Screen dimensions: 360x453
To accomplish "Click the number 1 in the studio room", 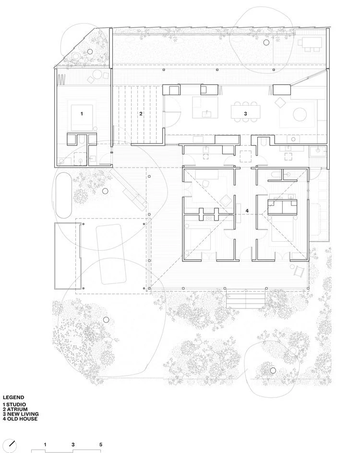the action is click(82, 113).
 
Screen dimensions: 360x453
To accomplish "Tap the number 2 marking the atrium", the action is click(141, 113).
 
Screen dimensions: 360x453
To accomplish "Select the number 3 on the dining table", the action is click(245, 113).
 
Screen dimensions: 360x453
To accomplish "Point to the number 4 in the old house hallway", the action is click(247, 211).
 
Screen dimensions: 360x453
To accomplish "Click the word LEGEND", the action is click(13, 398).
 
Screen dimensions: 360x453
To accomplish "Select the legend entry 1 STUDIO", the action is click(14, 404).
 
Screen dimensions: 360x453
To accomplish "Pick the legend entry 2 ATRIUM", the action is click(15, 409).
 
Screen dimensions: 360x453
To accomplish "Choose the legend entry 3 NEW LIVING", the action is click(21, 414).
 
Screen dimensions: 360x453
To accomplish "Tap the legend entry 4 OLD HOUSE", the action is click(20, 418).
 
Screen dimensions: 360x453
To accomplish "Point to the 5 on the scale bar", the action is click(101, 445).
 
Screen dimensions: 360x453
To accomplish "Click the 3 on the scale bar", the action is click(73, 445).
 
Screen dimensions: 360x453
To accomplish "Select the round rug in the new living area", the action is click(300, 114).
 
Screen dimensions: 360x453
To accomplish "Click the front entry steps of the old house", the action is click(246, 299).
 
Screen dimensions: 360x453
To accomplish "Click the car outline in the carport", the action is click(111, 254).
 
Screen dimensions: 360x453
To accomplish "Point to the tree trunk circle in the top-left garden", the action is click(90, 52).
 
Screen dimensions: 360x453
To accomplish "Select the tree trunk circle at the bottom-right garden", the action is click(273, 370).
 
